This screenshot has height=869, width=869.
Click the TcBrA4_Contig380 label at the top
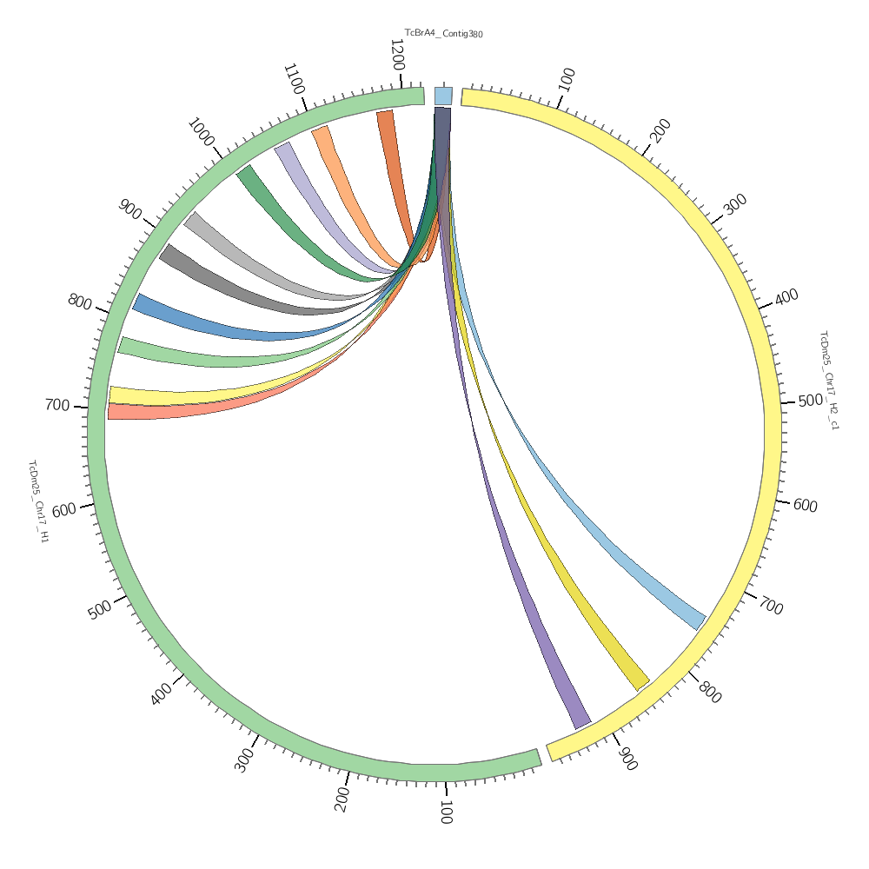443,34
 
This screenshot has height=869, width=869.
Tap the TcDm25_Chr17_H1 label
38,502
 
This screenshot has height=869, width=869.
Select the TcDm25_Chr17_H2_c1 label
829,380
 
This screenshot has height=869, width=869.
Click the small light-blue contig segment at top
443,96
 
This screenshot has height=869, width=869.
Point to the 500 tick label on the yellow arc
810,401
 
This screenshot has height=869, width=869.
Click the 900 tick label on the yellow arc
627,759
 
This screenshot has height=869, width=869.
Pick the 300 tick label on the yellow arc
735,205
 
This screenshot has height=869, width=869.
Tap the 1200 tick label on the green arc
397,55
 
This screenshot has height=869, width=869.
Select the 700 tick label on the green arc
57,405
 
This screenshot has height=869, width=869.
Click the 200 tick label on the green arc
342,799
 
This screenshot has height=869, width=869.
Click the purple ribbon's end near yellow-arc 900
581,723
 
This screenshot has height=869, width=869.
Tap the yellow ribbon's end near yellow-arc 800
641,681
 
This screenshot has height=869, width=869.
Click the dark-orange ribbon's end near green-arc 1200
385,114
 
